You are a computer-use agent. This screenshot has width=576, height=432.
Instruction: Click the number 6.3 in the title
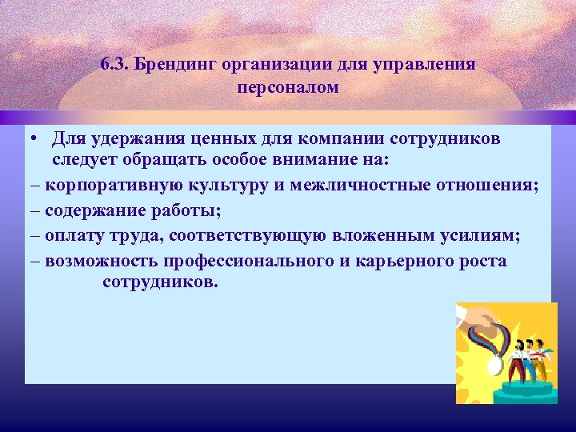(x=116, y=64)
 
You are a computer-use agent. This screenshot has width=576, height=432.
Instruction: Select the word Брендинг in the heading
(x=177, y=64)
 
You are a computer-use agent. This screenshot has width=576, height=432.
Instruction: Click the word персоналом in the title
(x=288, y=86)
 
